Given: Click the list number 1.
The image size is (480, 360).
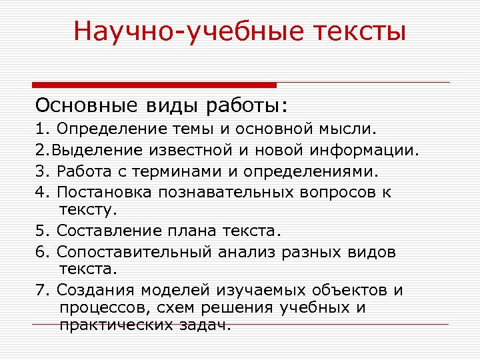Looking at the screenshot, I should coord(41,127).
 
